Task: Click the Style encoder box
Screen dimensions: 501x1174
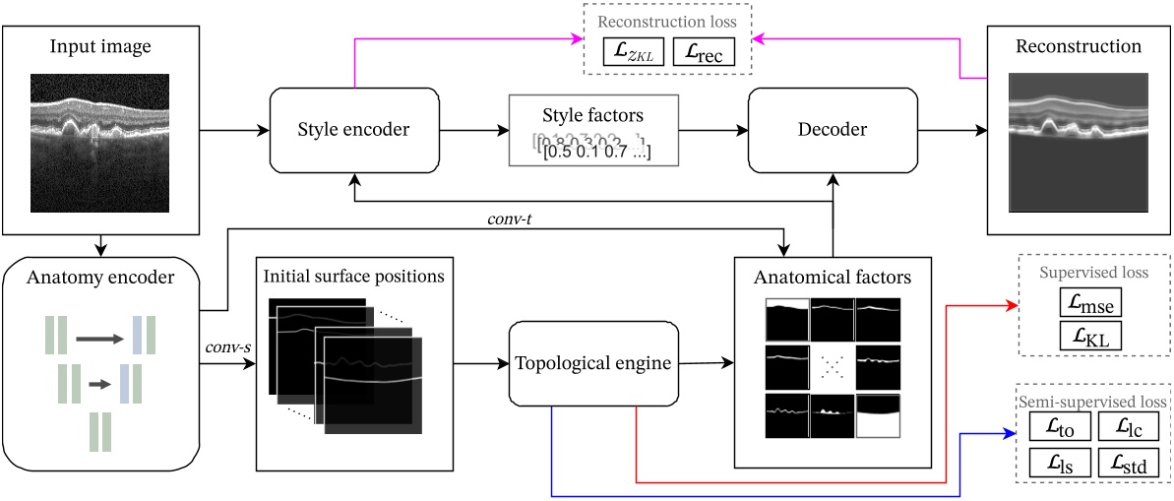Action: (x=353, y=130)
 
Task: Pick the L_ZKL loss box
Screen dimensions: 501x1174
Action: (x=633, y=53)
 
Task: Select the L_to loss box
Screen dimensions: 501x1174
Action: (x=1060, y=426)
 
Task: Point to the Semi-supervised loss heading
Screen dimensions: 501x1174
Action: (x=1093, y=401)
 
